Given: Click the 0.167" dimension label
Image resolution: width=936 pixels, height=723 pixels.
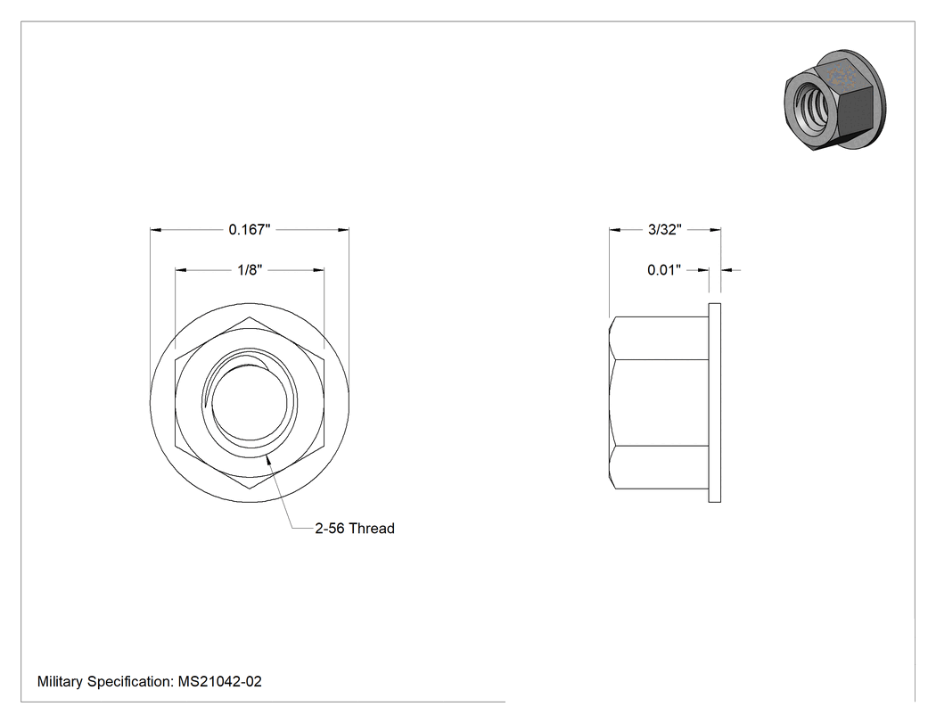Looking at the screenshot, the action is pos(250,229).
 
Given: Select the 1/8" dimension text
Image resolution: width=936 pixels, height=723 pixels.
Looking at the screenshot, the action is pos(250,270).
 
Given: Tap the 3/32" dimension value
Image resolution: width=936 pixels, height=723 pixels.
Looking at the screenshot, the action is pos(665,229).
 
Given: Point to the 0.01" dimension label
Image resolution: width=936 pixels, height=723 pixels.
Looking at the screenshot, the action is pos(664,270).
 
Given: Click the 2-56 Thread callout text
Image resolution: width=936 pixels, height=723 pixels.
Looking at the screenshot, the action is pos(355,529).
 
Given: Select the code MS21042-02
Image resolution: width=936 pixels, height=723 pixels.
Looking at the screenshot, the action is pos(219,681).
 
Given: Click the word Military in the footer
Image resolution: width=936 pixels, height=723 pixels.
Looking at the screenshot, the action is pos(60,681).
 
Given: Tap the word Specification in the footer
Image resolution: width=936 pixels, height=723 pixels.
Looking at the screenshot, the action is pos(131,681).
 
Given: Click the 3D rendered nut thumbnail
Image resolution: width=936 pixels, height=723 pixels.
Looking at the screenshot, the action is pos(835,100).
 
